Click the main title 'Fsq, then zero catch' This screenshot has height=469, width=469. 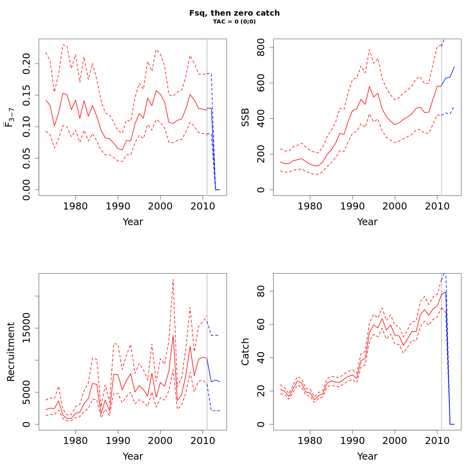pyautogui.click(x=234, y=13)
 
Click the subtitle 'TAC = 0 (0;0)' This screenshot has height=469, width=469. pyautogui.click(x=234, y=22)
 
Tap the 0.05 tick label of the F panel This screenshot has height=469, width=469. pyautogui.click(x=26, y=158)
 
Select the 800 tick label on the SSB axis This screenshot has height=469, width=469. pyautogui.click(x=261, y=47)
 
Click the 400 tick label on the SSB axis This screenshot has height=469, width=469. pyautogui.click(x=261, y=118)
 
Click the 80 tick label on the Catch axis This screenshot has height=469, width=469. pyautogui.click(x=261, y=292)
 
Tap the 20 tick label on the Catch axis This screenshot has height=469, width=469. pyautogui.click(x=261, y=391)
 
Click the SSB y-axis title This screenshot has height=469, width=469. pyautogui.click(x=245, y=117)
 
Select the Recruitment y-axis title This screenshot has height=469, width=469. pyautogui.click(x=11, y=352)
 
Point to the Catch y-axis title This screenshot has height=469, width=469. pyautogui.click(x=245, y=352)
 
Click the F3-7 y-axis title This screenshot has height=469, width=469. pyautogui.click(x=10, y=117)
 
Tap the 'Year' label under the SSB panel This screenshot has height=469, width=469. pyautogui.click(x=367, y=222)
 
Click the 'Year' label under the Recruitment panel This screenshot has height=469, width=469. pyautogui.click(x=133, y=456)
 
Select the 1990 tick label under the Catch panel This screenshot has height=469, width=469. pyautogui.click(x=353, y=441)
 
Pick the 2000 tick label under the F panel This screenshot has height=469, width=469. pyautogui.click(x=160, y=206)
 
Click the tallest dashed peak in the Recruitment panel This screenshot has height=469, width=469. pyautogui.click(x=173, y=279)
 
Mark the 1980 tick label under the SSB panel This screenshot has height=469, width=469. pyautogui.click(x=310, y=206)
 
